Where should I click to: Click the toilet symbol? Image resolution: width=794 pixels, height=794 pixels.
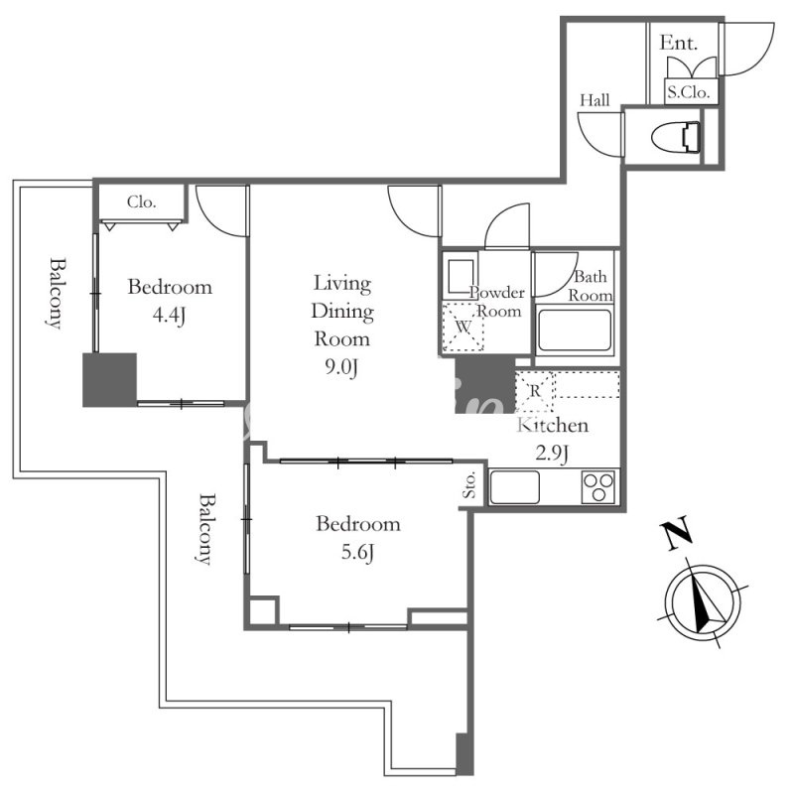pos(675,137)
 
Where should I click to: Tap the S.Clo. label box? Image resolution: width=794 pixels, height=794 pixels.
pos(691,92)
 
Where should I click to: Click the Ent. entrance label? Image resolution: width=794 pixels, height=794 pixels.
pos(679,43)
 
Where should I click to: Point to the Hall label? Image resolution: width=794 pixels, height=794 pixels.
pos(595,100)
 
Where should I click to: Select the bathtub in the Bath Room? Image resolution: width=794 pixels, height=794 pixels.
pos(575,331)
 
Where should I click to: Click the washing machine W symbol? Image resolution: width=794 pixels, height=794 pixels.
pos(463,328)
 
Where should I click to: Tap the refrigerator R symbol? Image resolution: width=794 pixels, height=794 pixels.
pos(534,391)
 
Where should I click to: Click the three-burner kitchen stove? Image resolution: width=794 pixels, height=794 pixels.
pos(598,487)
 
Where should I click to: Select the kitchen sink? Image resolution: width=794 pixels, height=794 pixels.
pos(514,487)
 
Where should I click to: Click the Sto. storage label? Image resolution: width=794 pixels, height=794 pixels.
pos(469,485)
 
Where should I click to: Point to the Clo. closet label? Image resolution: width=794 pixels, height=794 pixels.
pos(141,202)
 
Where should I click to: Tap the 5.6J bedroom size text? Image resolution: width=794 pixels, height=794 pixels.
pos(357,552)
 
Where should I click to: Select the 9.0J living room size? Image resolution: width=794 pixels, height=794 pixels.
pos(341,367)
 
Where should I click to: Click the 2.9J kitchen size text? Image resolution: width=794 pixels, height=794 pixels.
pos(552,453)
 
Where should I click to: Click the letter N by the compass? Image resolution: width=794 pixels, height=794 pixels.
pos(676,533)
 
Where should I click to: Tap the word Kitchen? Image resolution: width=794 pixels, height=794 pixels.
pos(553,425)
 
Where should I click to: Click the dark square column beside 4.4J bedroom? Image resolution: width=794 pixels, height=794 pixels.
pos(110,380)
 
